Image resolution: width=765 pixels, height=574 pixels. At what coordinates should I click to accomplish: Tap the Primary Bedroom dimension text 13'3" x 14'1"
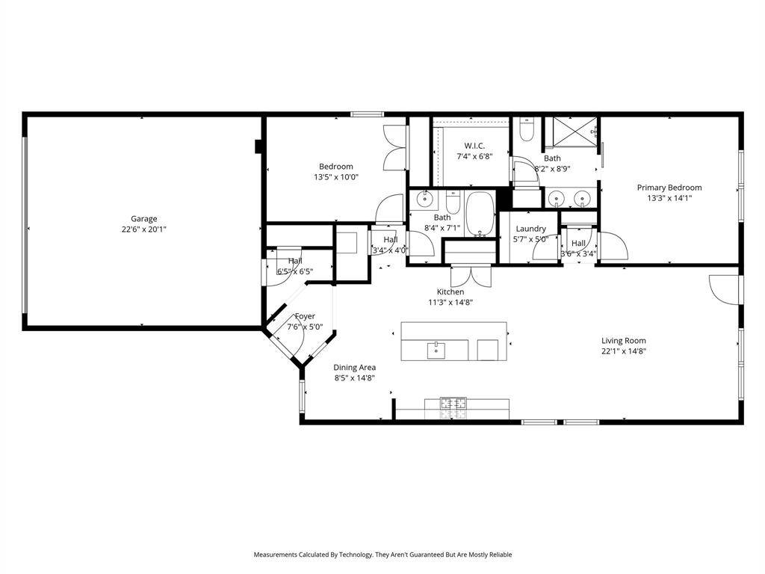pos(669,198)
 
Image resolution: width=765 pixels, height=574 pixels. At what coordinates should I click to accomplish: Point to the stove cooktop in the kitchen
pos(453,407)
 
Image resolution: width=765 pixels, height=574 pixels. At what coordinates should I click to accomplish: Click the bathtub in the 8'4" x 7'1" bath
pos(480,214)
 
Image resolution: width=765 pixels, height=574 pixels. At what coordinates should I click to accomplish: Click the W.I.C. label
pos(474,146)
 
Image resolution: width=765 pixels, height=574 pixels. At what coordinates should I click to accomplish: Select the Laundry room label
pos(530,229)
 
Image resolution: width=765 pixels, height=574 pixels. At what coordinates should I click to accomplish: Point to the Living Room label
pos(624,341)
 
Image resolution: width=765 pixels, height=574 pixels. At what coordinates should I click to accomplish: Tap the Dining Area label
pos(354,367)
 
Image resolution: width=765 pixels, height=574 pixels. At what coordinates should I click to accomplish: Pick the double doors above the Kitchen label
pos(471,274)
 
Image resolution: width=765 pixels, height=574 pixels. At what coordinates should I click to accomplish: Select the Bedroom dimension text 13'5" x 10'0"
pos(335,177)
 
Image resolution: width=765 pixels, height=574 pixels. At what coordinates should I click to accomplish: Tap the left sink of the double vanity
pos(557,199)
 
